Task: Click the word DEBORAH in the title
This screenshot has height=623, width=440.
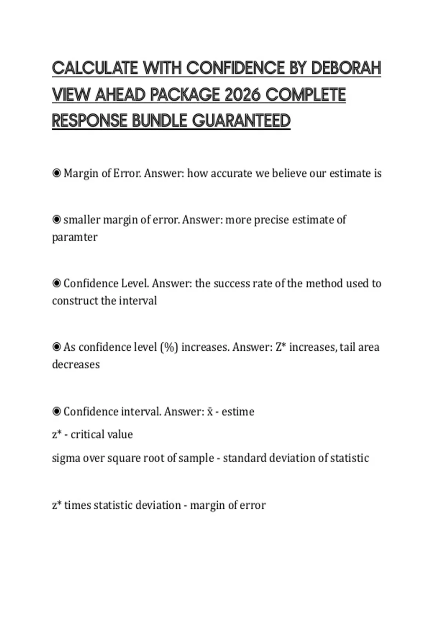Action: click(346, 68)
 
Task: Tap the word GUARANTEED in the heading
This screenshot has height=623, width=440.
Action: click(241, 121)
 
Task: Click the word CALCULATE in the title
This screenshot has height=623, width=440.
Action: click(95, 68)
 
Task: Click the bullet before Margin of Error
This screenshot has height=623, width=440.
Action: click(56, 173)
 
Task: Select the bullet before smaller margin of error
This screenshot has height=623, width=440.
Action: click(56, 220)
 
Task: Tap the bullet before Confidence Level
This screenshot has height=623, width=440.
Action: click(56, 283)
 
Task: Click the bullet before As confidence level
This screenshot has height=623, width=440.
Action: click(56, 347)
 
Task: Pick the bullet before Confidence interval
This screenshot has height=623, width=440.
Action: click(56, 411)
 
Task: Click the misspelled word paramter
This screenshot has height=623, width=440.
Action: click(75, 237)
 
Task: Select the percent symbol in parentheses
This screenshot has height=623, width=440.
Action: click(169, 347)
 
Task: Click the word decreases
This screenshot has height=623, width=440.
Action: click(76, 364)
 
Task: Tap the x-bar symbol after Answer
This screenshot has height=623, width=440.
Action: click(210, 412)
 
